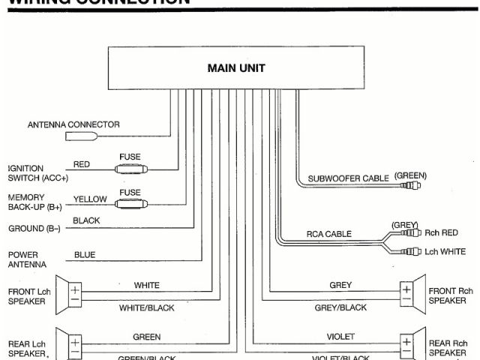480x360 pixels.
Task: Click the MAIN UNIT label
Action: [235, 68]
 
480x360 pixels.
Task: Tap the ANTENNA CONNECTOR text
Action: [73, 124]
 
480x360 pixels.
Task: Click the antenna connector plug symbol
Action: [81, 137]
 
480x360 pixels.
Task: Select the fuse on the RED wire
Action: [130, 169]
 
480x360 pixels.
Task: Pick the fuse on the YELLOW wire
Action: [130, 202]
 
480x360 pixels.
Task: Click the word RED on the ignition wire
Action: [82, 164]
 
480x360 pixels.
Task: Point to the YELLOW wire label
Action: [89, 199]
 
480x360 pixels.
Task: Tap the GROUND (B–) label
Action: [34, 228]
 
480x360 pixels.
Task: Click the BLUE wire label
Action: [85, 255]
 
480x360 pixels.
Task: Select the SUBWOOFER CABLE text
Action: [348, 178]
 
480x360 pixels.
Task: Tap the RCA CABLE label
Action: [328, 234]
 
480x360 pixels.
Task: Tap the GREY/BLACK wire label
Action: [340, 307]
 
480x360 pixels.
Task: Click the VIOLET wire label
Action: [340, 337]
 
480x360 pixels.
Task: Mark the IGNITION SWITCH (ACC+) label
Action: [37, 173]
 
